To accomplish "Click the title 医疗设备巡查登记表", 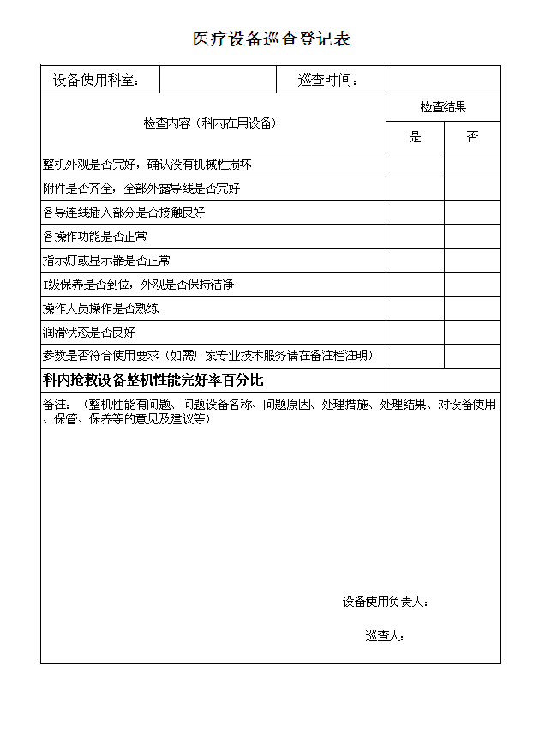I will pos(272,39).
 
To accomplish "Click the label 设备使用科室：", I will pos(95,81).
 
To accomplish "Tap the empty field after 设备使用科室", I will pos(218,80).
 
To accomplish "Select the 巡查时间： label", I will pos(328,81).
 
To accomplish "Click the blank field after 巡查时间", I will pos(443,80).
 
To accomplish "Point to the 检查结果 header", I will pos(443,107).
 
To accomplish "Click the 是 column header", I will pos(416,137).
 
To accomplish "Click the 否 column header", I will pos(472,137).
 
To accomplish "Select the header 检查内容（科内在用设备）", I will pos(210,123).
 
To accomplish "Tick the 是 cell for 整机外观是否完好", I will pos(416,165).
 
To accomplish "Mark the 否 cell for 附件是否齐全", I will pos(472,189).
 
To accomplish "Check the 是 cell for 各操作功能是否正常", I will pos(416,237).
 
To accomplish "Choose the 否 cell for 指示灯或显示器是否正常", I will pos(472,261).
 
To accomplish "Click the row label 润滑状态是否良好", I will pos(89,333).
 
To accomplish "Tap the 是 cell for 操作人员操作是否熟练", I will pos(416,309).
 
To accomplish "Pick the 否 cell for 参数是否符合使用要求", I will pos(472,357).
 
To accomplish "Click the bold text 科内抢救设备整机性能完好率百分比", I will pos(153,381).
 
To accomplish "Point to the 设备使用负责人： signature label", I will pos(386,602).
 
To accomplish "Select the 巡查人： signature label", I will pos(385,636).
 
